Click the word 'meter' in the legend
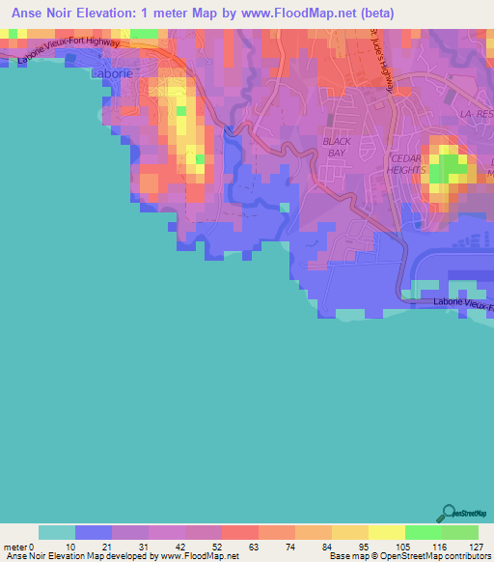14,547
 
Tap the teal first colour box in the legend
57,532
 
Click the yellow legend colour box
387,532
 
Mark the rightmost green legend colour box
460,532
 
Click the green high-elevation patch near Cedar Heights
446,169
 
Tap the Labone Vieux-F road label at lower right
462,302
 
